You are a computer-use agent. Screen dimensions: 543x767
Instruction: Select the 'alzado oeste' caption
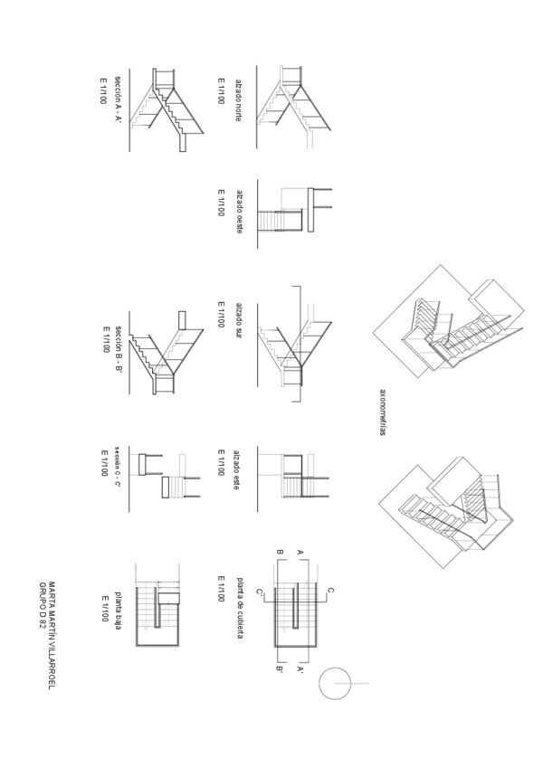[x=239, y=212]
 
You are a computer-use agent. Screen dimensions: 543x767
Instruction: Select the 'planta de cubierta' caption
[x=239, y=609]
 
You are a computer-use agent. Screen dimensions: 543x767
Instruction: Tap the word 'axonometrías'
[x=382, y=412]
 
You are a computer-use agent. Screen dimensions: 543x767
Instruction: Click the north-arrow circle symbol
[x=334, y=683]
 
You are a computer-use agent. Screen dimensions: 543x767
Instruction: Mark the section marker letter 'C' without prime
[x=330, y=591]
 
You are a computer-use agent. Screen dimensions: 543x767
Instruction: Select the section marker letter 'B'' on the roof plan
[x=280, y=670]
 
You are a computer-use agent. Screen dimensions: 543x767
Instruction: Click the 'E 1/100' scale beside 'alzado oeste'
[x=221, y=203]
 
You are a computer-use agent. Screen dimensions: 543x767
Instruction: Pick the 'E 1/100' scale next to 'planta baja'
[x=106, y=608]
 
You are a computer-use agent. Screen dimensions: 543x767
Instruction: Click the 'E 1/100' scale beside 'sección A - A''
[x=103, y=90]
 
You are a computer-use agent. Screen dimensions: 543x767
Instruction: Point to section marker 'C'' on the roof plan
[x=260, y=592]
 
